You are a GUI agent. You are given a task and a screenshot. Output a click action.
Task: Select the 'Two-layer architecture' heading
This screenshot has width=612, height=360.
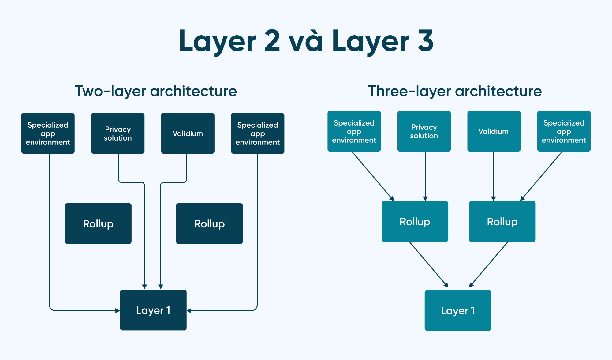pyautogui.click(x=156, y=91)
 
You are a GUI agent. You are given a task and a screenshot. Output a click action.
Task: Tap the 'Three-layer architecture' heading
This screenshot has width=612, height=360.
pyautogui.click(x=455, y=91)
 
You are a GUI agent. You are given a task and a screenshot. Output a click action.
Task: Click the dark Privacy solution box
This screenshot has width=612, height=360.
pyautogui.click(x=118, y=133)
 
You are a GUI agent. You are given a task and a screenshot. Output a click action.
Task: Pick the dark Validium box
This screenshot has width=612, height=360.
pyautogui.click(x=188, y=133)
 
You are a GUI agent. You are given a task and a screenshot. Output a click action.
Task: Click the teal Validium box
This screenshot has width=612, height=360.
pyautogui.click(x=494, y=131)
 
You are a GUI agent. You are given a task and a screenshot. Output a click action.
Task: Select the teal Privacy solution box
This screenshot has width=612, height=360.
pyautogui.click(x=424, y=131)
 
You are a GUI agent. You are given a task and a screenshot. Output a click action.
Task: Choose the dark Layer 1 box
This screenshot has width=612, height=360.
pyautogui.click(x=153, y=310)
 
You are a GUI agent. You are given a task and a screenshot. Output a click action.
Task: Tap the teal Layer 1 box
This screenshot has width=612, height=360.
pyautogui.click(x=458, y=310)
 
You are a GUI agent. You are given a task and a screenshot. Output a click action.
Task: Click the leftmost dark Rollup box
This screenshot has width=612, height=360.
pyautogui.click(x=98, y=224)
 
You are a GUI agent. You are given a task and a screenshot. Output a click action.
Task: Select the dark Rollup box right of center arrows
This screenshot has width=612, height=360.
pyautogui.click(x=209, y=224)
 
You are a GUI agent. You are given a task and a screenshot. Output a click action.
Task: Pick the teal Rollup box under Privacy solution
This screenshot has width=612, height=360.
pyautogui.click(x=415, y=222)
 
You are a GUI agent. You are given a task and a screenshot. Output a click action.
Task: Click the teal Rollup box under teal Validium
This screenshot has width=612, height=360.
pyautogui.click(x=502, y=222)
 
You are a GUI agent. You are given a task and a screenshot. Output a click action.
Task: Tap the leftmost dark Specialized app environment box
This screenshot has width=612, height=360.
pyautogui.click(x=48, y=133)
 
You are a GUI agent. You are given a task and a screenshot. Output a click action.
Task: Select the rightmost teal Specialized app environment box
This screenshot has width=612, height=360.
pyautogui.click(x=564, y=131)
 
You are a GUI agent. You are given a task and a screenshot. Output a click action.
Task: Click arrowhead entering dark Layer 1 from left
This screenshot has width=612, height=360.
pyautogui.click(x=118, y=311)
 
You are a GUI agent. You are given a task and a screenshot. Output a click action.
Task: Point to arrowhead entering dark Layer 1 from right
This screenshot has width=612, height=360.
pyautogui.click(x=189, y=311)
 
